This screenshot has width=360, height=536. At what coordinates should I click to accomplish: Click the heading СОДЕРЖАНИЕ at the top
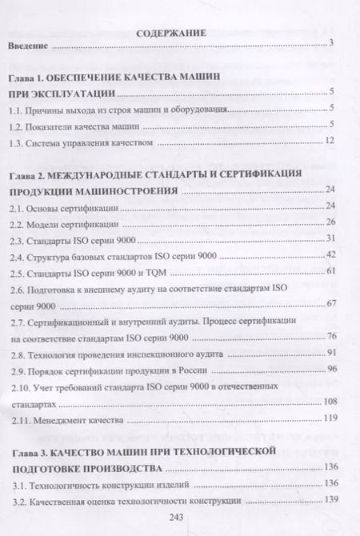point(172,34)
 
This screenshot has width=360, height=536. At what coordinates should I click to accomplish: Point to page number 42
point(328,255)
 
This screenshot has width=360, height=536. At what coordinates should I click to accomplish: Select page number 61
point(328,273)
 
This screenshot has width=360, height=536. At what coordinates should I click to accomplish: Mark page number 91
point(328,353)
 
